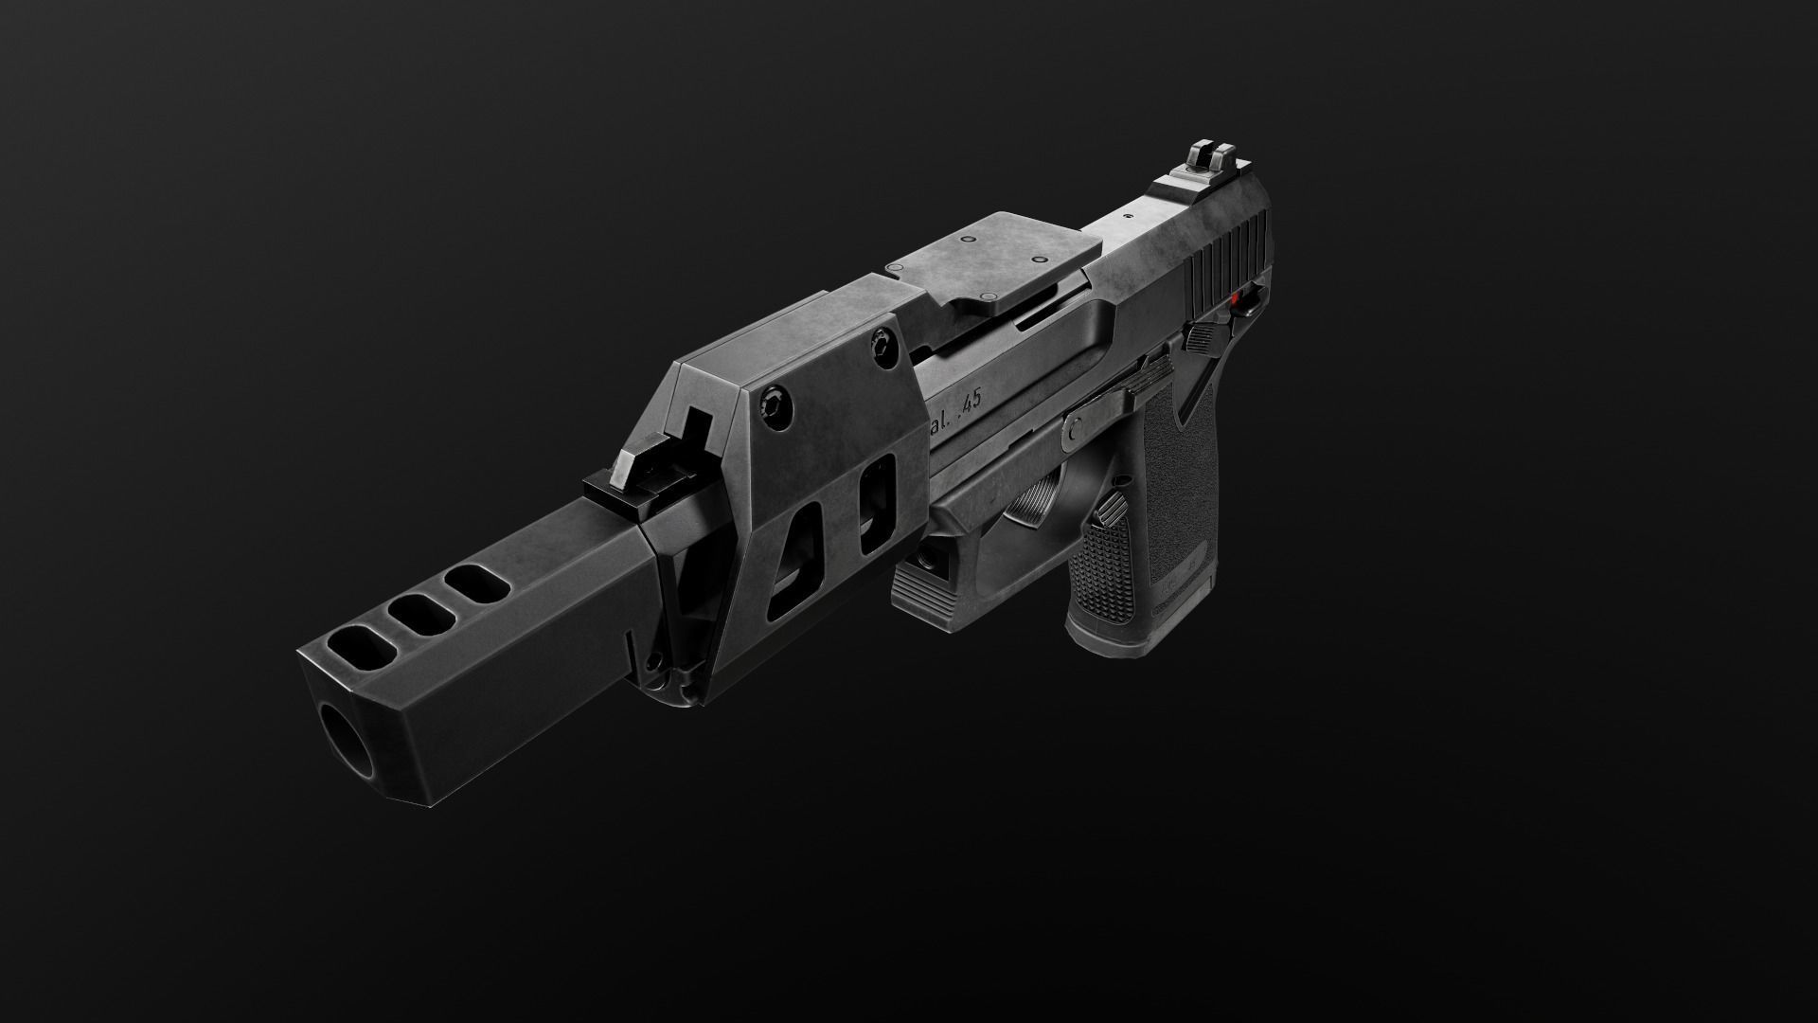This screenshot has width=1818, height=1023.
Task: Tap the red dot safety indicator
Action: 1237,300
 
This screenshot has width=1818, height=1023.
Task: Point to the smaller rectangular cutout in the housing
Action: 876,503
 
